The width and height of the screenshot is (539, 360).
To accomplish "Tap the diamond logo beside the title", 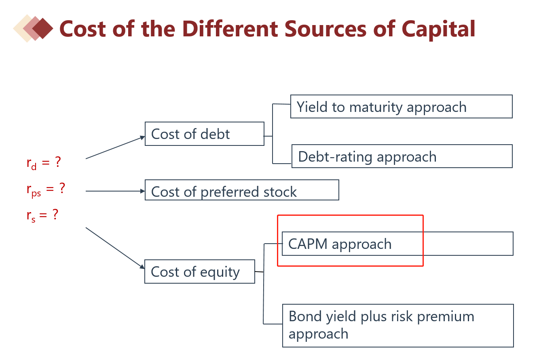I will pyautogui.click(x=34, y=28).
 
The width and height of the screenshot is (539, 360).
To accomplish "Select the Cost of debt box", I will pyautogui.click(x=204, y=134).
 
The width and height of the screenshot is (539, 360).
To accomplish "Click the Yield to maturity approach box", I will pyautogui.click(x=401, y=107).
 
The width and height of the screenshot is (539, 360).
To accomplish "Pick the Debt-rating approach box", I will pyautogui.click(x=402, y=156).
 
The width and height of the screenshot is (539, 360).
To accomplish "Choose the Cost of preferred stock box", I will pyautogui.click(x=242, y=190).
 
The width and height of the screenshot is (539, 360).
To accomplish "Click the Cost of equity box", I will pyautogui.click(x=200, y=272).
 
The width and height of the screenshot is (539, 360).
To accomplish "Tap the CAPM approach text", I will pyautogui.click(x=340, y=244).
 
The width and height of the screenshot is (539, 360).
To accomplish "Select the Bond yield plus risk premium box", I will pyautogui.click(x=398, y=326).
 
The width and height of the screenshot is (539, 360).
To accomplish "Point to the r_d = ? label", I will pyautogui.click(x=44, y=163).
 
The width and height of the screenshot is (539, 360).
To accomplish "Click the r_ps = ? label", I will pyautogui.click(x=45, y=189).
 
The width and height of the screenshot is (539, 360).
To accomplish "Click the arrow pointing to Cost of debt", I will pyautogui.click(x=115, y=147).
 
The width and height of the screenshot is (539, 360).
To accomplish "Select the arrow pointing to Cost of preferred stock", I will pyautogui.click(x=115, y=191).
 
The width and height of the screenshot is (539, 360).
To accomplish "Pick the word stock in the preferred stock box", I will pyautogui.click(x=279, y=192).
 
